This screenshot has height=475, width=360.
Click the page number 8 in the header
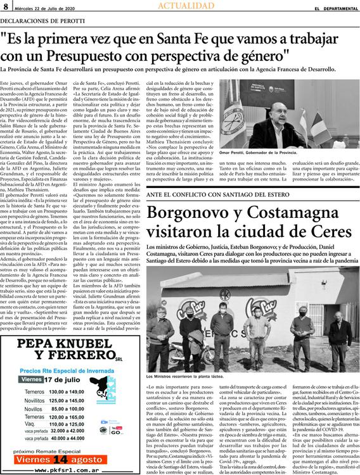[5, 6]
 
